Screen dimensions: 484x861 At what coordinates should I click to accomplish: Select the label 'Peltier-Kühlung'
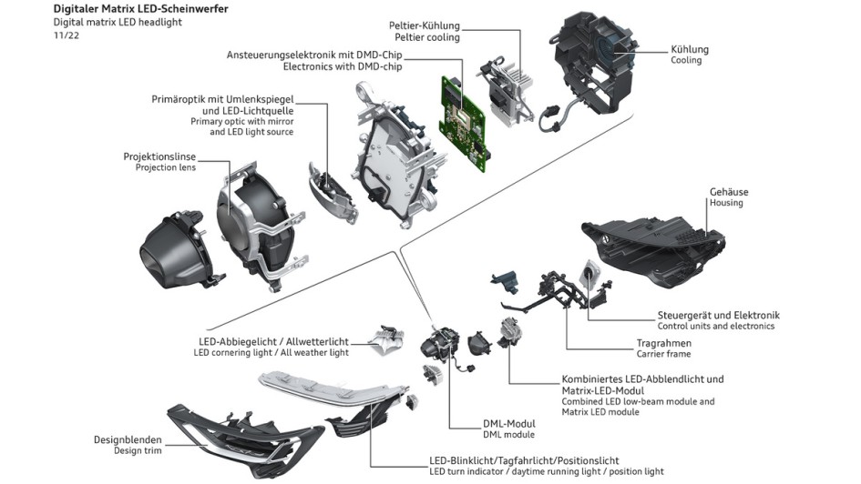click(425, 25)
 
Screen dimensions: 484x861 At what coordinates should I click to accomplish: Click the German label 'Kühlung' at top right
click(689, 49)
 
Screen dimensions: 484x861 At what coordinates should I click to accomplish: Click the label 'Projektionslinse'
click(159, 156)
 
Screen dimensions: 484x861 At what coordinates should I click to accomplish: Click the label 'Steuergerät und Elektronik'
click(718, 315)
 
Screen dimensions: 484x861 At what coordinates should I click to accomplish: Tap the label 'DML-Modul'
click(508, 424)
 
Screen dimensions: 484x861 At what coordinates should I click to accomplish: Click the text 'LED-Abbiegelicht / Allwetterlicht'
click(273, 342)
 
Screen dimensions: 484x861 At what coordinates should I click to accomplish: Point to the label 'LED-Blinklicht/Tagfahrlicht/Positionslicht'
click(524, 460)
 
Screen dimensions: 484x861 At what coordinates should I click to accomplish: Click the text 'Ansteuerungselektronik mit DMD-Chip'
click(313, 55)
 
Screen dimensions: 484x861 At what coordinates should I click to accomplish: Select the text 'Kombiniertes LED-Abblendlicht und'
click(643, 378)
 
